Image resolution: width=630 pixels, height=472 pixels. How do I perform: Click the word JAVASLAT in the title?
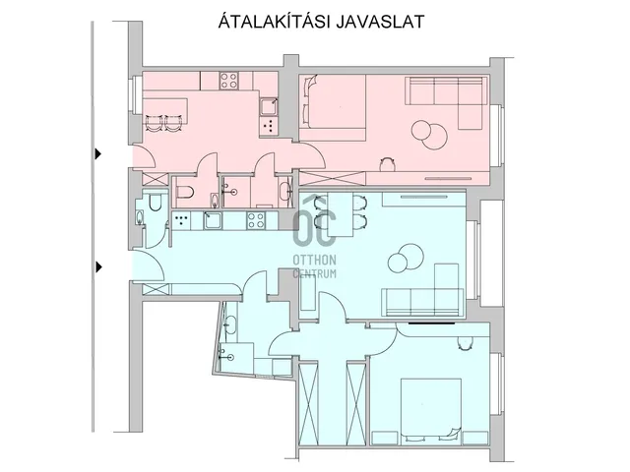[x=379, y=22]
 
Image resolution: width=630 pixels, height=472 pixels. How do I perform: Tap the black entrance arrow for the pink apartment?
[x=98, y=153]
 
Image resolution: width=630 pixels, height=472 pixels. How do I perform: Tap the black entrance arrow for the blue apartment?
[x=98, y=266]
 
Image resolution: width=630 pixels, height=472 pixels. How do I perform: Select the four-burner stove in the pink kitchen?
[x=229, y=81]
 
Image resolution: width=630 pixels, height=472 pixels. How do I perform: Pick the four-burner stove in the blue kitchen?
[x=256, y=220]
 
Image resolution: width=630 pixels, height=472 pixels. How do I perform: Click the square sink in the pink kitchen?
[x=268, y=107]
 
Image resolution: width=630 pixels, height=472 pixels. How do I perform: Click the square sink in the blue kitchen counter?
[x=213, y=220]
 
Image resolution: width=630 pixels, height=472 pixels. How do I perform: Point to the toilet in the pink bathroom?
[x=186, y=192]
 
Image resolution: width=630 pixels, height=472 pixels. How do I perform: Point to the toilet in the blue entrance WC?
[x=155, y=203]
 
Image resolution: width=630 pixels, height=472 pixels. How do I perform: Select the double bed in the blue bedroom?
[x=431, y=409]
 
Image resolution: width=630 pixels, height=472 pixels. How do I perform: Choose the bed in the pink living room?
[x=333, y=107]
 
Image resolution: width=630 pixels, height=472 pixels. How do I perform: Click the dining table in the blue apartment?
[x=341, y=214]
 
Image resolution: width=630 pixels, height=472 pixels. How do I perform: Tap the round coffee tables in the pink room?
[x=429, y=135]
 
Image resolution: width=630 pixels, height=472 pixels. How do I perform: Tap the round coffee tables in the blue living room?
[x=406, y=259]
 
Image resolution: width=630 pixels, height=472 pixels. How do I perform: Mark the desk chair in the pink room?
[x=387, y=163]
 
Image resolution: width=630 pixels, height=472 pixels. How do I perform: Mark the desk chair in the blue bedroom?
[x=465, y=343]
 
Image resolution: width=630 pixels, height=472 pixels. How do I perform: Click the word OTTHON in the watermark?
[x=314, y=260]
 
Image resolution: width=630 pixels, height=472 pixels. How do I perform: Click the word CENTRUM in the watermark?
[x=314, y=273]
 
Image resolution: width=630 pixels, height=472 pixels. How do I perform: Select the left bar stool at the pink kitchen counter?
[x=154, y=123]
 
